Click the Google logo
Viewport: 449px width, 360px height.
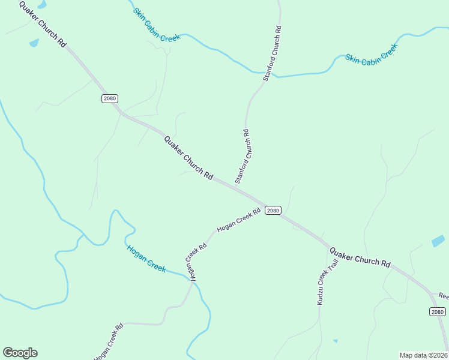(x=20, y=353)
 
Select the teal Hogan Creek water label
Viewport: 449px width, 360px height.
(x=146, y=258)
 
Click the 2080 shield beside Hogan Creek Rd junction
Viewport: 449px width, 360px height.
(x=273, y=210)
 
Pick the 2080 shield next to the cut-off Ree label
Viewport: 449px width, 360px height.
(x=438, y=311)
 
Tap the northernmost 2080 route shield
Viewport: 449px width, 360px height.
(x=110, y=98)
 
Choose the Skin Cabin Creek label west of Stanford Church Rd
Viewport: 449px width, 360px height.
(x=157, y=25)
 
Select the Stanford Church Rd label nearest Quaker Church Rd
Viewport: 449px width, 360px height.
(x=243, y=157)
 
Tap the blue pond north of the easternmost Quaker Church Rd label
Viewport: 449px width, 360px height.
(x=438, y=241)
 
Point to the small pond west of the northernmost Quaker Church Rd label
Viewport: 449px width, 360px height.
(x=34, y=43)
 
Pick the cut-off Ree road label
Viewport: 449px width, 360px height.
(x=443, y=296)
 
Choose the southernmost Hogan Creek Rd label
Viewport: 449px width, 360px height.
(x=109, y=342)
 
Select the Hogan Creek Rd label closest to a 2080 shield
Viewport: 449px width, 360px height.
(x=238, y=220)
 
